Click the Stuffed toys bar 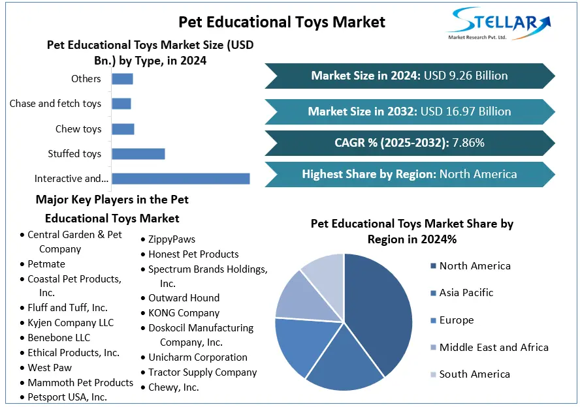click(138, 154)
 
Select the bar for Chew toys click(123, 129)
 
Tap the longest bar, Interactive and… click(180, 179)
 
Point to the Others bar click(122, 79)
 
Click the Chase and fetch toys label click(56, 104)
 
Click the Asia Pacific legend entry click(466, 293)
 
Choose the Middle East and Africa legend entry click(494, 347)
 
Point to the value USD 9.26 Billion click(466, 76)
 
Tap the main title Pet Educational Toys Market click(282, 22)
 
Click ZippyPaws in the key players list click(172, 239)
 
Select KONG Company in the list click(184, 313)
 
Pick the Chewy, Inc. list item click(173, 387)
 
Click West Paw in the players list click(50, 368)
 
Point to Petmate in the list click(46, 264)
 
